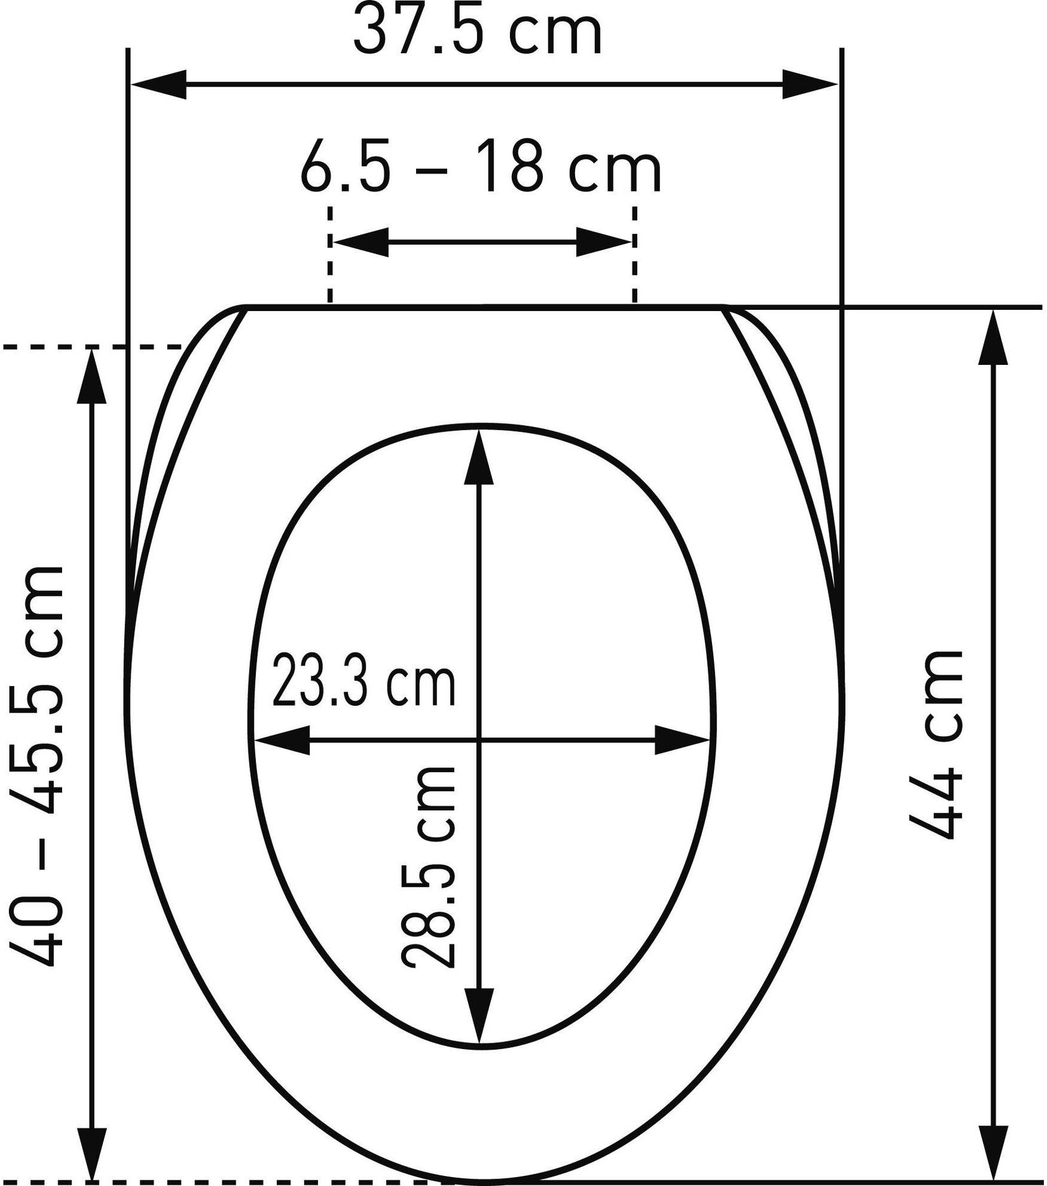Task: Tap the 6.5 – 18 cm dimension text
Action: [481, 167]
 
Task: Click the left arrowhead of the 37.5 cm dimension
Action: [158, 84]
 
